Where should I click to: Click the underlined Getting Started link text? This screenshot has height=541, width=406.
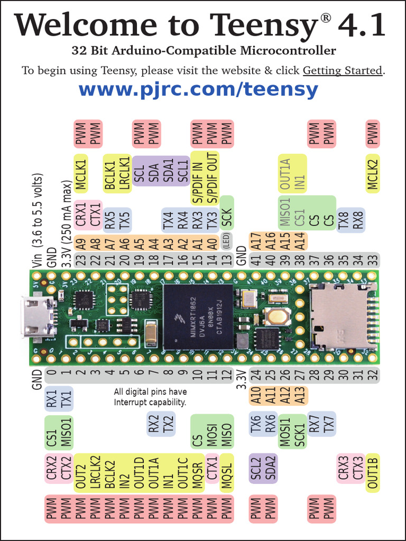[342, 70]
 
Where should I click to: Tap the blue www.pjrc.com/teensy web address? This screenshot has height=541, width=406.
[198, 89]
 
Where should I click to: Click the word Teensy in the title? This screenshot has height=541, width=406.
[264, 25]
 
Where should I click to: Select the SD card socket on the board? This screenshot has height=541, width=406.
[343, 316]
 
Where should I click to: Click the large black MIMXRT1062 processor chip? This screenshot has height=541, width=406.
[198, 316]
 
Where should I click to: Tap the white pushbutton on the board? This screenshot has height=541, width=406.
[275, 316]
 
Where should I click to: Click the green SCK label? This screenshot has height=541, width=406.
[226, 214]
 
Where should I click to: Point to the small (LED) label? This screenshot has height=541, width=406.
[226, 244]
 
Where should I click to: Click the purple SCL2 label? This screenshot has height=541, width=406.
[256, 468]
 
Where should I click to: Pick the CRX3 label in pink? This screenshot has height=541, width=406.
[344, 468]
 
